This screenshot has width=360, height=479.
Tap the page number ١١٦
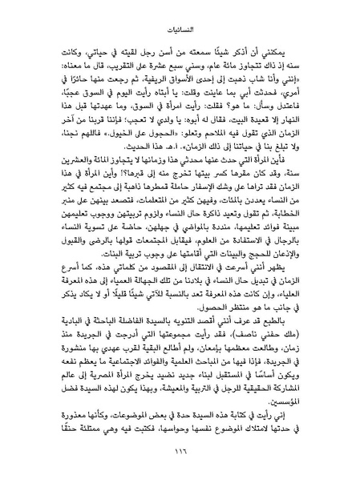(x=180, y=453)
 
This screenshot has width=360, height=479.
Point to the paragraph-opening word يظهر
(x=298, y=263)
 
